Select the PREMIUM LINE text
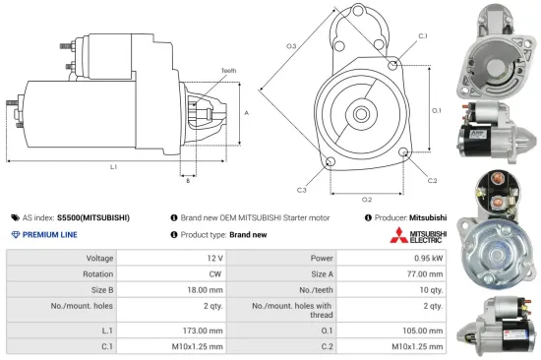51,235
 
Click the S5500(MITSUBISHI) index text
93,217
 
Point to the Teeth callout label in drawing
228,71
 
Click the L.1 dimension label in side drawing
113,167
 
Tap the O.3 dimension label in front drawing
291,45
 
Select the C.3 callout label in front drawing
301,189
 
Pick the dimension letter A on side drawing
246,114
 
